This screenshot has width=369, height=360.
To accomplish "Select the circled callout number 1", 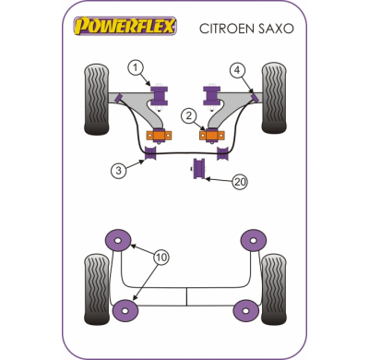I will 136,66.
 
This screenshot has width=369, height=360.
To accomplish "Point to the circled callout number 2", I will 188,115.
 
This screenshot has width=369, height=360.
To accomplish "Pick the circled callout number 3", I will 118,168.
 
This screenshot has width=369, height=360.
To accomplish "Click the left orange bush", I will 156,135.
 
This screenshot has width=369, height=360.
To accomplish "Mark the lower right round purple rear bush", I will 246,311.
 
